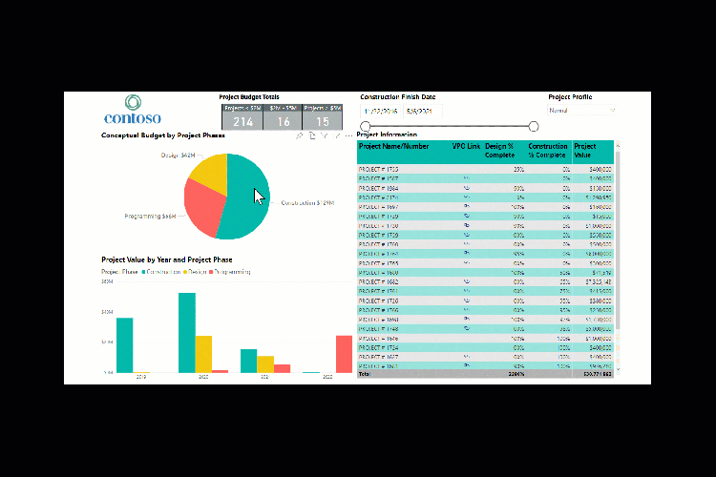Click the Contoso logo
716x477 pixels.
133,110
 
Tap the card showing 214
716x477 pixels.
242,117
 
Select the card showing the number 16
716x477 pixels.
283,117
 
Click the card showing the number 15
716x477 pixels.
323,117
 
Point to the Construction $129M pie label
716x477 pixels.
307,203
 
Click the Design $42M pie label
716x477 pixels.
178,155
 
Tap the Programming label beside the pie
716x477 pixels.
151,217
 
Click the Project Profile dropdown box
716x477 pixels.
581,111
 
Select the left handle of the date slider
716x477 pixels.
365,126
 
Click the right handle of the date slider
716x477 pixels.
534,126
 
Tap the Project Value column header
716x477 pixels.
584,151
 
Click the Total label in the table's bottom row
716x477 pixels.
364,375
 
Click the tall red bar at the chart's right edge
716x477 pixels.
344,353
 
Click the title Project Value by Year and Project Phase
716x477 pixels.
167,259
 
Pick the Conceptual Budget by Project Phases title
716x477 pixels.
164,135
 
